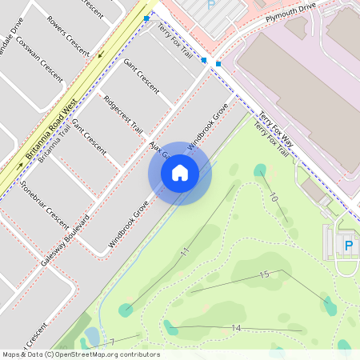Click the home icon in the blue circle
180,172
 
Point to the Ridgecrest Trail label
123,114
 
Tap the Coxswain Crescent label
39,58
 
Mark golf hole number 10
274,197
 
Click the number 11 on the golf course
186,252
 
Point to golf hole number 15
264,274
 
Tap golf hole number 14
236,328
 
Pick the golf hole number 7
112,342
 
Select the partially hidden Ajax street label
157,150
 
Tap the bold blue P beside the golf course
348,246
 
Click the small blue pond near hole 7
92,335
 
